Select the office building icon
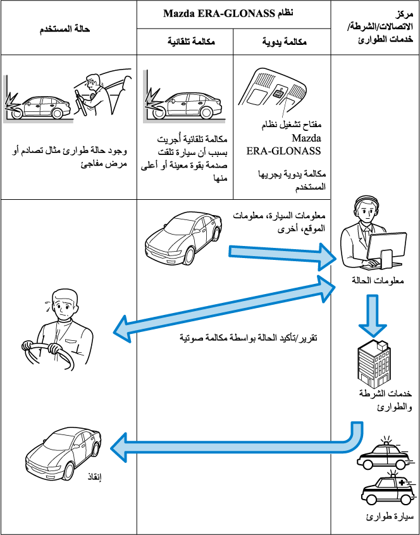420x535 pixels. [x=375, y=362]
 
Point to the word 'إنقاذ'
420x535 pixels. [x=92, y=477]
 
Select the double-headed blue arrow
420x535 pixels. [x=225, y=309]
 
